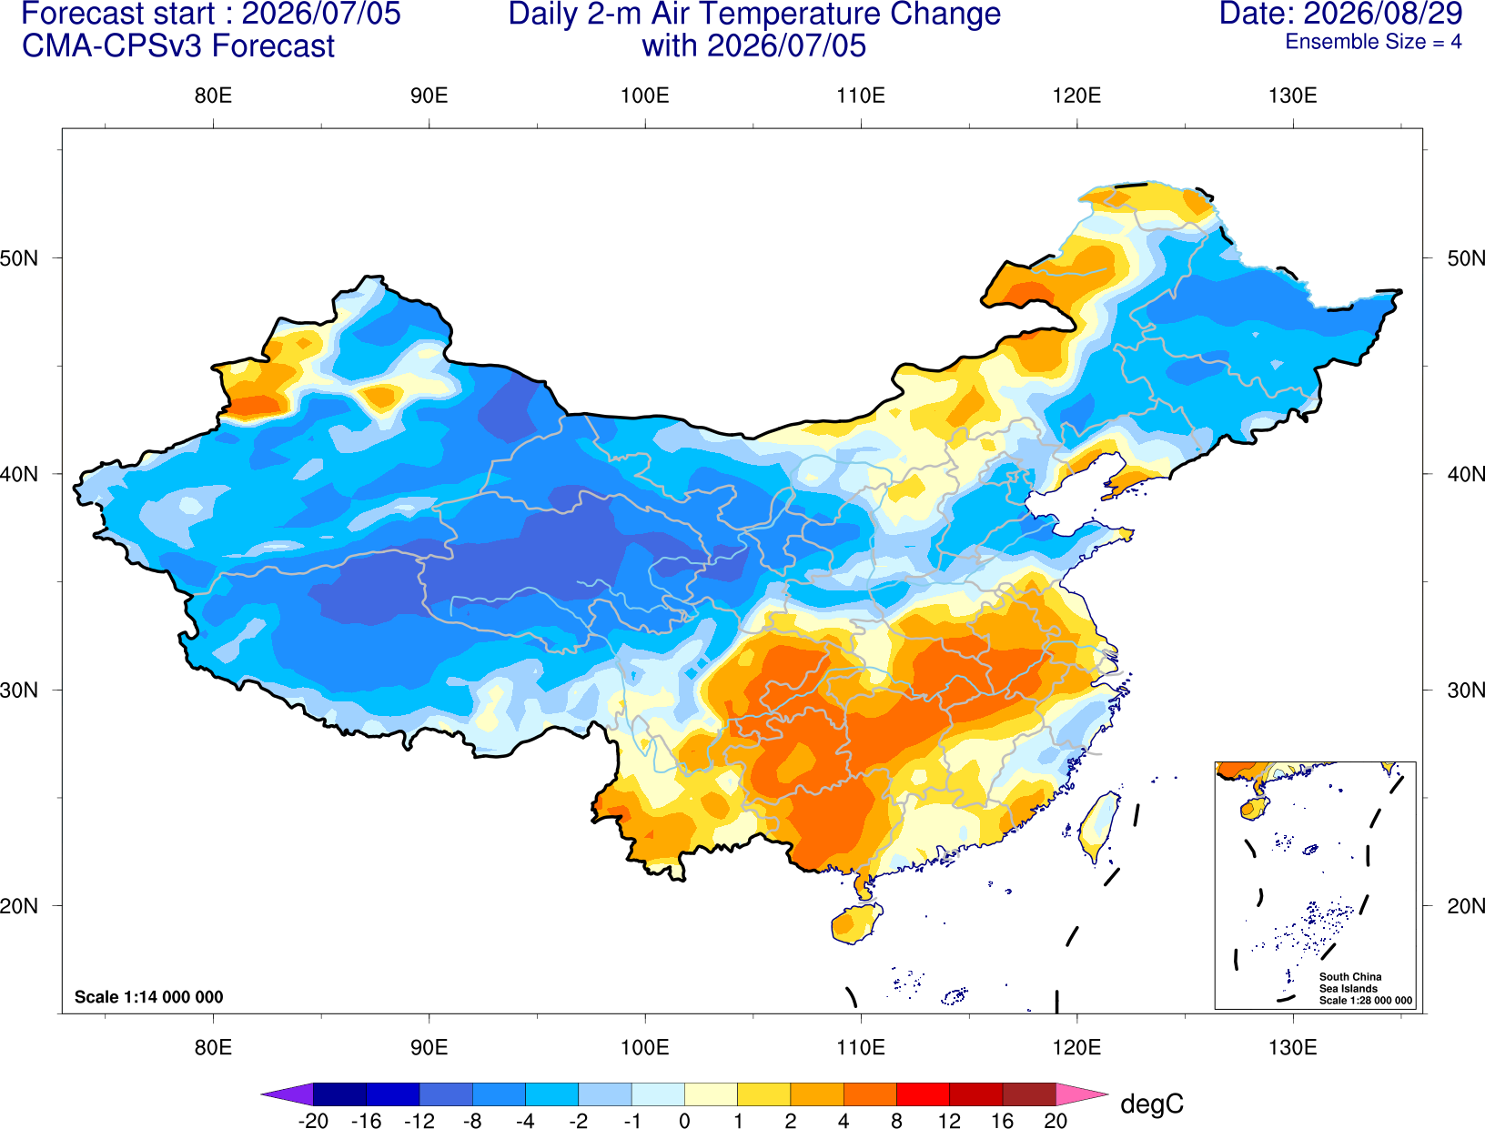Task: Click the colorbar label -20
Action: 313,1120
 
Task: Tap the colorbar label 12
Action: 949,1120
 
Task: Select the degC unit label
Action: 1151,1104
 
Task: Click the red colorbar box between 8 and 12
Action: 923,1094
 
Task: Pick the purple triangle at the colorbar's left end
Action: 288,1094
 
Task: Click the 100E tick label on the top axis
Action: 645,96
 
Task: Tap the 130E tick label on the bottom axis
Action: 1293,1047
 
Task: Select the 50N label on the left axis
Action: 19,257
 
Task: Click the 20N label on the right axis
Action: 1466,906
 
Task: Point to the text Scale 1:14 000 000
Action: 149,996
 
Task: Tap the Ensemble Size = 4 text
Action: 1373,42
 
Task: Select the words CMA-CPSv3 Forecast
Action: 178,46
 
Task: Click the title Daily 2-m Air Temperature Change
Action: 754,14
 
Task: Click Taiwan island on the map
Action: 1096,827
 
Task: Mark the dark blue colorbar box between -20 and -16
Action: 339,1094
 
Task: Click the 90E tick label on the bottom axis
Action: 429,1047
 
